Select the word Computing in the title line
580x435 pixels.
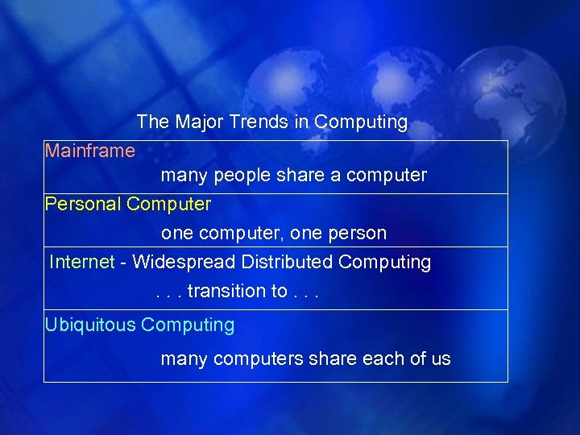pos(361,122)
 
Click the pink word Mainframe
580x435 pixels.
pos(90,151)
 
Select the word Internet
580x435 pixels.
pos(81,263)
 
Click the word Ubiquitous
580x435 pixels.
pos(90,325)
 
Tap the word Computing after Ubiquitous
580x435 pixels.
pos(188,325)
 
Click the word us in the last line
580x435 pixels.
pos(441,359)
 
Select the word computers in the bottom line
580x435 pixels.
pos(258,359)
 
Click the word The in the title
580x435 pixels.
pos(151,122)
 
